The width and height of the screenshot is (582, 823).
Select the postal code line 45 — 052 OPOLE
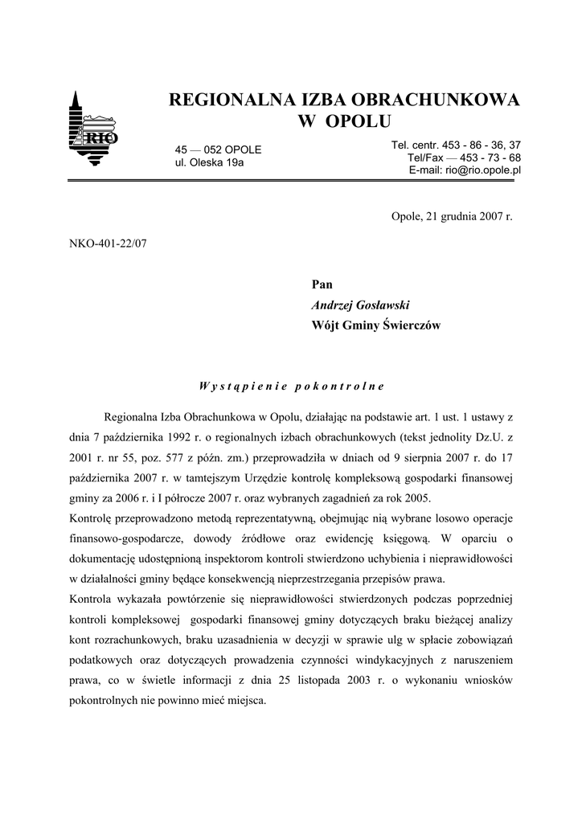[219, 150]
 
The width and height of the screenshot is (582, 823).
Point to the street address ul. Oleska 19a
[210, 163]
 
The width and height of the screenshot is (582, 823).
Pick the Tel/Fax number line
[464, 158]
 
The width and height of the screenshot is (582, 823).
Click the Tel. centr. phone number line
[456, 145]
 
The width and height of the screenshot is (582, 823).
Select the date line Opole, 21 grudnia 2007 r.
[451, 217]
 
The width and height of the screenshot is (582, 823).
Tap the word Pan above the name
[322, 284]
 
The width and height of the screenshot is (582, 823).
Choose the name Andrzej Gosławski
[360, 305]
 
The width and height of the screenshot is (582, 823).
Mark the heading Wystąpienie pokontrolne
[291, 385]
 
